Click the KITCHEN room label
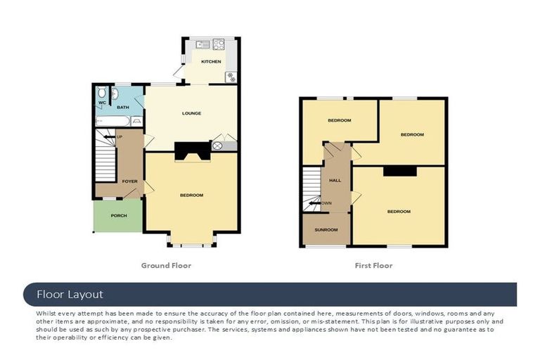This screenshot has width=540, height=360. (x=211, y=61)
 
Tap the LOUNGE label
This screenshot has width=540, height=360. (x=191, y=113)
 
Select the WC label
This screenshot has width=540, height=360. (x=102, y=103)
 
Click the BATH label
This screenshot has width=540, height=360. (x=123, y=108)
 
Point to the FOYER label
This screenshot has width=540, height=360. (x=130, y=181)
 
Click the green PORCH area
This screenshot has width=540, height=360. (x=118, y=216)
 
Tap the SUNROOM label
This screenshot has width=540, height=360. (x=326, y=230)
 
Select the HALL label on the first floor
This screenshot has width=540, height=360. (x=335, y=180)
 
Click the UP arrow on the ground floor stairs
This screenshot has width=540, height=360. (x=110, y=137)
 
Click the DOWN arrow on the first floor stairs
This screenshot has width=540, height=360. (x=314, y=203)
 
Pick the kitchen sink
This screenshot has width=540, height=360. (x=202, y=44)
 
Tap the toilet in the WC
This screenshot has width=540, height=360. (x=101, y=92)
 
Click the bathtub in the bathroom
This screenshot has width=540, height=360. (x=112, y=121)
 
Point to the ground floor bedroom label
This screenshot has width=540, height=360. (x=191, y=195)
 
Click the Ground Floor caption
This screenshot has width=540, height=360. (x=166, y=266)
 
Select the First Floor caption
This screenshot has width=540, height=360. (x=373, y=266)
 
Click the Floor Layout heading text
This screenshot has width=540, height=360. (x=70, y=295)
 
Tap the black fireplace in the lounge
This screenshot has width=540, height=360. (x=193, y=152)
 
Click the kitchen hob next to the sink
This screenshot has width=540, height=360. (x=219, y=44)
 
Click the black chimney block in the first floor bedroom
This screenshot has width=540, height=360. (x=400, y=172)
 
